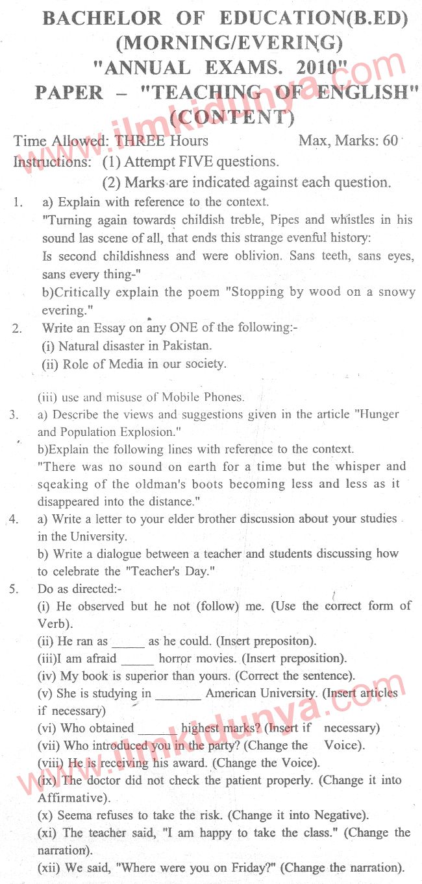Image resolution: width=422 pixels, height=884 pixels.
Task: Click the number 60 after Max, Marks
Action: pyautogui.click(x=390, y=140)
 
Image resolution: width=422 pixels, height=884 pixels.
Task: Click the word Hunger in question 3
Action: pyautogui.click(x=375, y=414)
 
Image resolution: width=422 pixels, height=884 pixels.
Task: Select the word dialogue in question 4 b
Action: pyautogui.click(x=112, y=554)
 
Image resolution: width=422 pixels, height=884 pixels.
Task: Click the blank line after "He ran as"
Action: pyautogui.click(x=128, y=642)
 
